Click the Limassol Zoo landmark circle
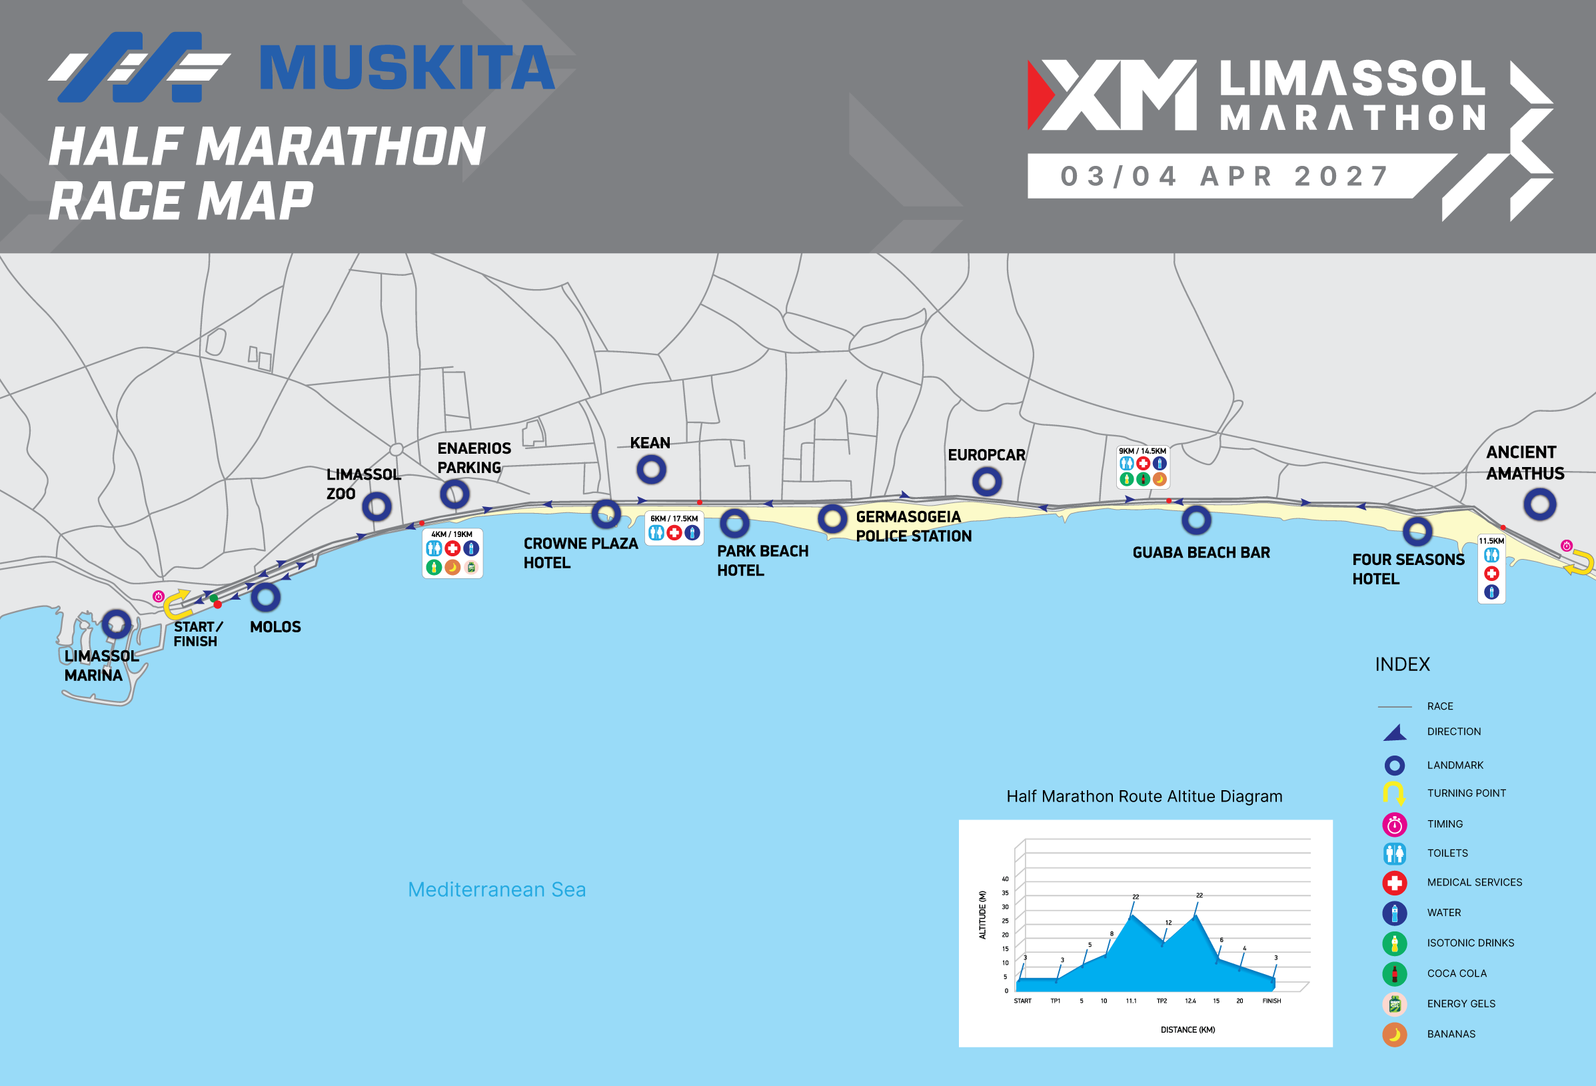pyautogui.click(x=377, y=507)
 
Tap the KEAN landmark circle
pyautogui.click(x=651, y=470)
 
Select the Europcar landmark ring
pyautogui.click(x=987, y=482)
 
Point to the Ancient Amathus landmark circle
pyautogui.click(x=1539, y=504)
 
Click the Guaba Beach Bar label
pyautogui.click(x=1201, y=552)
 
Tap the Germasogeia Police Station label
pyautogui.click(x=914, y=526)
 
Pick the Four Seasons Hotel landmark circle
pyautogui.click(x=1417, y=531)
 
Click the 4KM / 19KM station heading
pyautogui.click(x=452, y=534)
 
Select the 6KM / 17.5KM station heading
pyautogui.click(x=674, y=518)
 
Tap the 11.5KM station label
pyautogui.click(x=1491, y=541)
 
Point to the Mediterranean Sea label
pyautogui.click(x=496, y=889)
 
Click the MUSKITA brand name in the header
pyautogui.click(x=406, y=68)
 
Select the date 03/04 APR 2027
pyautogui.click(x=1225, y=177)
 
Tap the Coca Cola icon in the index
pyautogui.click(x=1394, y=973)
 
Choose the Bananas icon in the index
pyautogui.click(x=1394, y=1034)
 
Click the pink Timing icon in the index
pyautogui.click(x=1394, y=823)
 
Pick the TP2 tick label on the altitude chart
pyautogui.click(x=1162, y=1001)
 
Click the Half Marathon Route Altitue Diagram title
pyautogui.click(x=1144, y=796)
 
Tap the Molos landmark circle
pyautogui.click(x=265, y=597)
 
